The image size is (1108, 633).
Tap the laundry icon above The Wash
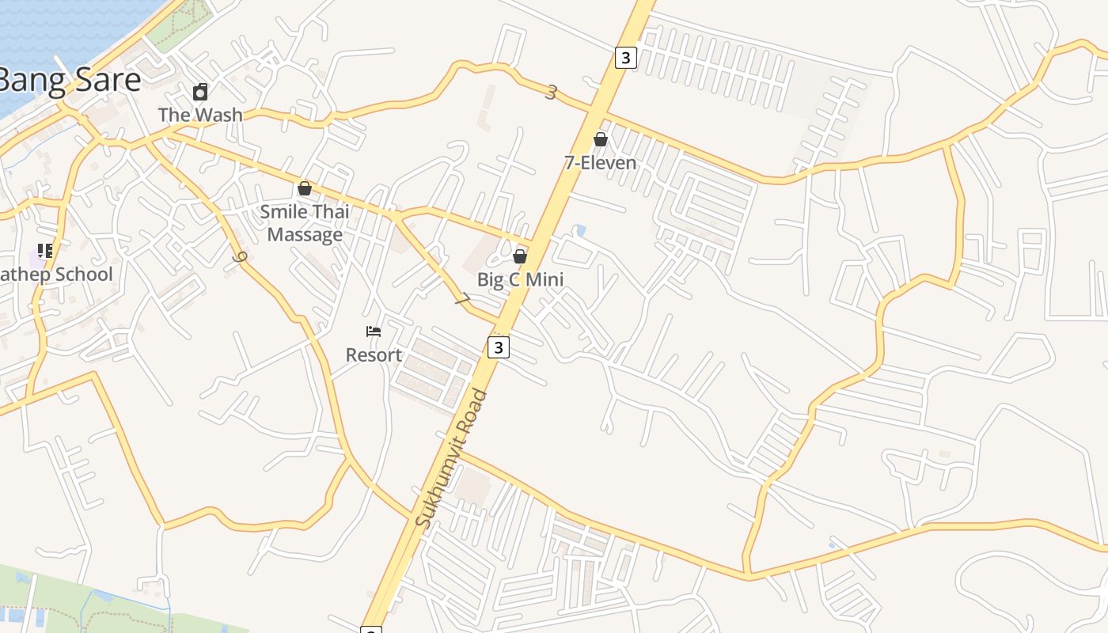[200, 92]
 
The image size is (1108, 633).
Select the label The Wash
[200, 115]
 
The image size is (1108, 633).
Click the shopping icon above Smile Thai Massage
[304, 188]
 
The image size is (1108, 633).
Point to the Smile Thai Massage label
[305, 223]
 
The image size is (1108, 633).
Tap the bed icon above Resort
[374, 332]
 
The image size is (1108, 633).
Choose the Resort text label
[374, 355]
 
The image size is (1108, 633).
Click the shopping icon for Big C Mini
[520, 256]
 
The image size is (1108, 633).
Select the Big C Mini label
[520, 279]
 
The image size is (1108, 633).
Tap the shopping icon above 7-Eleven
[601, 140]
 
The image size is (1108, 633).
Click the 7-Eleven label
[600, 163]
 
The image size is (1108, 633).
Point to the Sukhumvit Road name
[452, 459]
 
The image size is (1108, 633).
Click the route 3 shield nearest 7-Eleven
[625, 57]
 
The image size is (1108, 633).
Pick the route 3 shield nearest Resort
[498, 347]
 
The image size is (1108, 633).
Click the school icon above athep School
[45, 252]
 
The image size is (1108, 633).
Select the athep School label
[55, 275]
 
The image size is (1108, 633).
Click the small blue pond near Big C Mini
[582, 231]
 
